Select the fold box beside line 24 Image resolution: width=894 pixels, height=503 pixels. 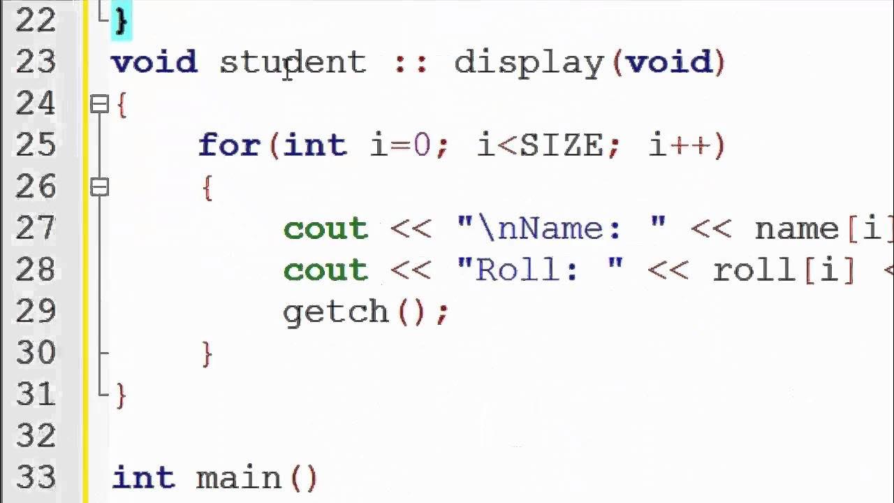[100, 105]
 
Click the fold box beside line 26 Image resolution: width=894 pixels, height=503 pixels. [100, 187]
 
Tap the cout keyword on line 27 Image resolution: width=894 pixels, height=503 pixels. [325, 229]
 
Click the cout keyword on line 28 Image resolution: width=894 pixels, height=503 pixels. [325, 270]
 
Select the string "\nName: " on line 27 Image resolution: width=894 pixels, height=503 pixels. [561, 229]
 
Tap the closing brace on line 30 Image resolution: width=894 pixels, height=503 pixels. [207, 353]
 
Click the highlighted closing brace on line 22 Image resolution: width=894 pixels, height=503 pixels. [121, 20]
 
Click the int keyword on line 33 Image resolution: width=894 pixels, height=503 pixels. [144, 479]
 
